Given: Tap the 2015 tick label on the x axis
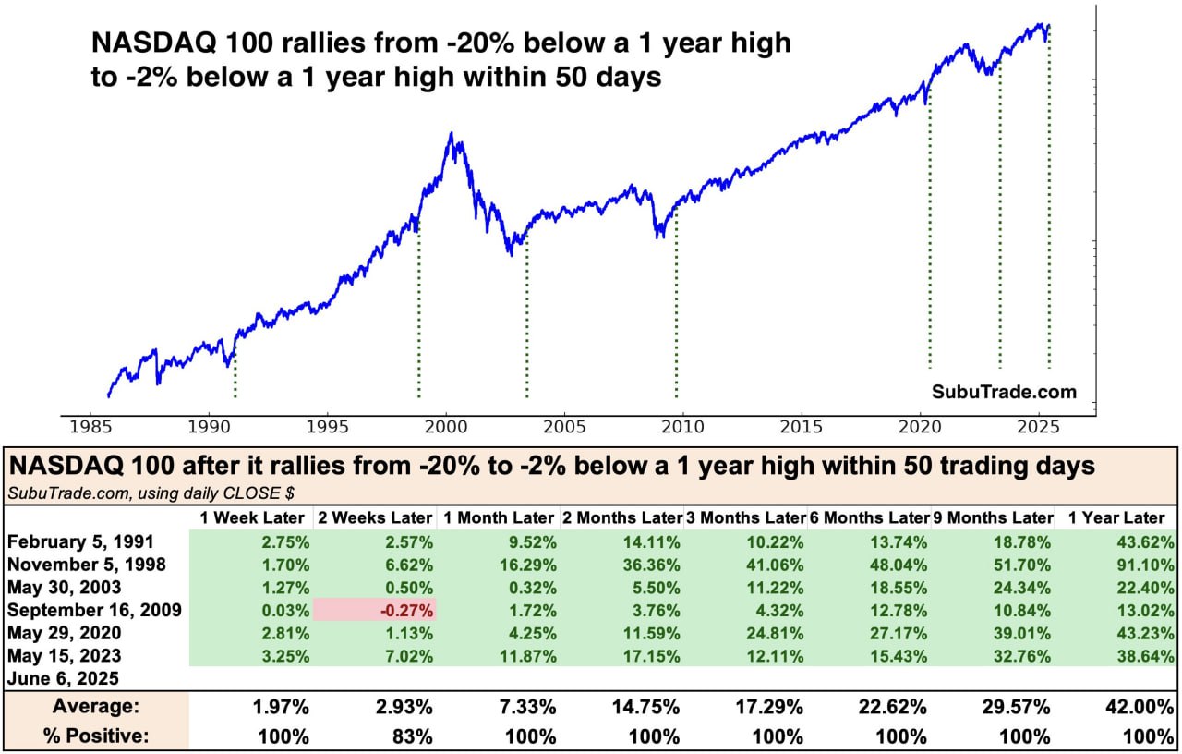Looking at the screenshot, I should click(x=801, y=428).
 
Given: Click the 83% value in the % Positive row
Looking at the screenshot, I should click(x=412, y=736).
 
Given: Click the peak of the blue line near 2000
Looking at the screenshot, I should click(x=451, y=133).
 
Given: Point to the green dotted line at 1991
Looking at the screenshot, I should click(x=235, y=374).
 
